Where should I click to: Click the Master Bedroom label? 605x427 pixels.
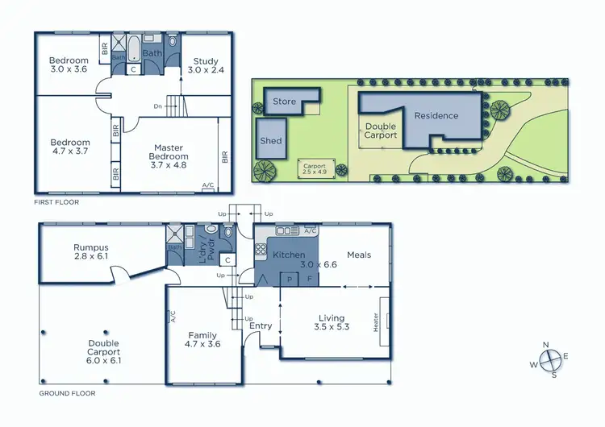[x=169, y=151]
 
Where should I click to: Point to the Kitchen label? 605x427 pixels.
[x=288, y=255]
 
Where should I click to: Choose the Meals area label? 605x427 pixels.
[x=359, y=255]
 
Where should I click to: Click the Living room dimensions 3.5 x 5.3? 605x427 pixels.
[x=332, y=327]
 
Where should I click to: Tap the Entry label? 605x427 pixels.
[x=261, y=325]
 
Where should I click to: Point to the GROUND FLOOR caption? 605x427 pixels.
[x=67, y=394]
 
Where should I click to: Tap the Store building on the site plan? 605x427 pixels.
[x=285, y=102]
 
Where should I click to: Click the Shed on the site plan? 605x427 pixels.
[x=271, y=140]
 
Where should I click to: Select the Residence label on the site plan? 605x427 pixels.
[x=436, y=115]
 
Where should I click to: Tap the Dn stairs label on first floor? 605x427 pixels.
[x=158, y=106]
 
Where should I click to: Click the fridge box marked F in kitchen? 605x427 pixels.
[x=310, y=279]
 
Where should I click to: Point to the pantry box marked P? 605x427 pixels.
[x=289, y=279]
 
